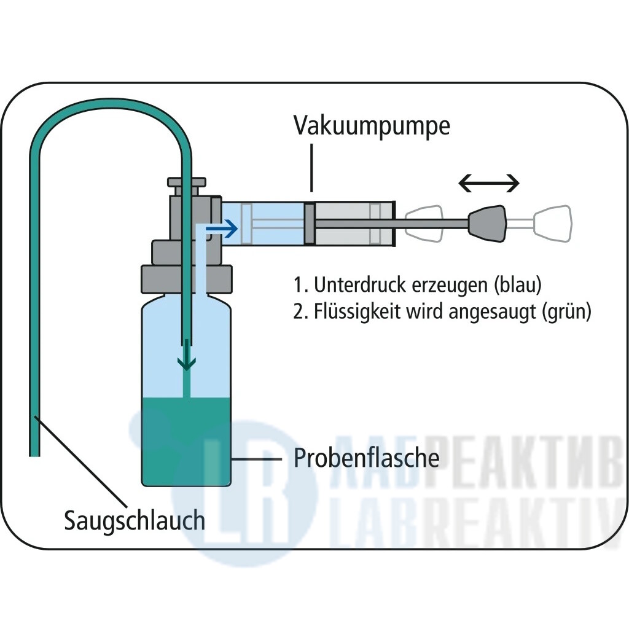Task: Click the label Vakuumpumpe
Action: tap(372, 126)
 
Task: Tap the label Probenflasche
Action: tap(366, 458)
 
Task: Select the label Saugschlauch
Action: tap(135, 521)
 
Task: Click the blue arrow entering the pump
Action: tap(222, 230)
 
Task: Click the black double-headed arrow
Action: tap(490, 183)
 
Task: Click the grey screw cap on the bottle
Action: tap(187, 278)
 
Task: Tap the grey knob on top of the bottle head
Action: tap(187, 183)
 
